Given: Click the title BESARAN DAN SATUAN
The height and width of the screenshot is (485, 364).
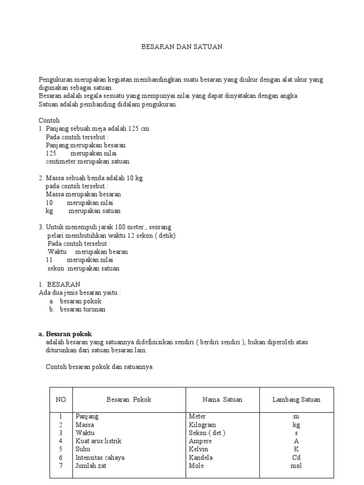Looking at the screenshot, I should (x=182, y=47).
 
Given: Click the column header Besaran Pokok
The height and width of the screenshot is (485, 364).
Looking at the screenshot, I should (x=129, y=400).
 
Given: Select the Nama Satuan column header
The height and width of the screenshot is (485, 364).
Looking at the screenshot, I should (x=222, y=400).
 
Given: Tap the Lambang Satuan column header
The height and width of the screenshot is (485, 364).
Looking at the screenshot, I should (x=296, y=400).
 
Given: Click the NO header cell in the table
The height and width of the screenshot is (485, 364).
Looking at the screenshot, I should (x=61, y=400).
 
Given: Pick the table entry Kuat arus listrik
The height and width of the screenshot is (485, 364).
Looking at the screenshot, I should (x=99, y=441).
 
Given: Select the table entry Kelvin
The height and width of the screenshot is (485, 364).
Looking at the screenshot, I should (x=199, y=449).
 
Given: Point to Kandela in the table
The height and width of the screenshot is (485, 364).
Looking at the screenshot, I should (x=201, y=458).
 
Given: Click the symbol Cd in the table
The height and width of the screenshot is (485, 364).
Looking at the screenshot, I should (x=296, y=458).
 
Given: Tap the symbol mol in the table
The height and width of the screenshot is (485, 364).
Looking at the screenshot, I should (x=296, y=466).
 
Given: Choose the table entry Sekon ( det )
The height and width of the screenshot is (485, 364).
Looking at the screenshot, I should (x=207, y=433).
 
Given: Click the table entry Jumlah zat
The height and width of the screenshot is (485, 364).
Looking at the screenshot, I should (x=91, y=466).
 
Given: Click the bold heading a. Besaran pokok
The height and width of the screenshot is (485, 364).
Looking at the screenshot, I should (x=65, y=334).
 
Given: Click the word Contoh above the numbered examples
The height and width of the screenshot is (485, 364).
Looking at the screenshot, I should (x=49, y=120).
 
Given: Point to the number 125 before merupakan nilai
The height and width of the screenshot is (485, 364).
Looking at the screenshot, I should (x=51, y=153).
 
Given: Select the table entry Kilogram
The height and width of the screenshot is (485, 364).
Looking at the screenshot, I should (x=202, y=425).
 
